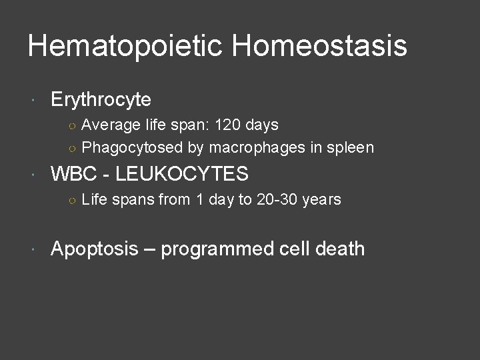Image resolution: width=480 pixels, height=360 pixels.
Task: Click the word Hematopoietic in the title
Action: pyautogui.click(x=127, y=47)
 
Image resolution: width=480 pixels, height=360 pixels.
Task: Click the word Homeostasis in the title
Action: pyautogui.click(x=319, y=47)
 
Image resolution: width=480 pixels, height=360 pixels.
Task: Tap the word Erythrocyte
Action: pyautogui.click(x=101, y=100)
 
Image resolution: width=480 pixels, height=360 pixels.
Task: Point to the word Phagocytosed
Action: pyautogui.click(x=123, y=147)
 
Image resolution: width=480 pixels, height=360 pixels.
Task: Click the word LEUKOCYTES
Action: pyautogui.click(x=181, y=175)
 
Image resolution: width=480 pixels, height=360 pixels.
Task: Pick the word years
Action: pyautogui.click(x=321, y=199)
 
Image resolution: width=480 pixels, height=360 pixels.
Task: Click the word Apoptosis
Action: pyautogui.click(x=95, y=249)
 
